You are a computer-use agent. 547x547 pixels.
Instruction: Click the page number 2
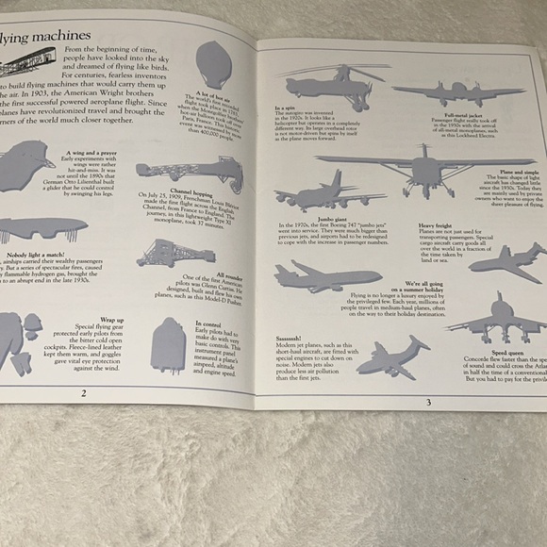pyautogui.click(x=84, y=392)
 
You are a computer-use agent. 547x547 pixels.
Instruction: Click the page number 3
pyautogui.click(x=427, y=403)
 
